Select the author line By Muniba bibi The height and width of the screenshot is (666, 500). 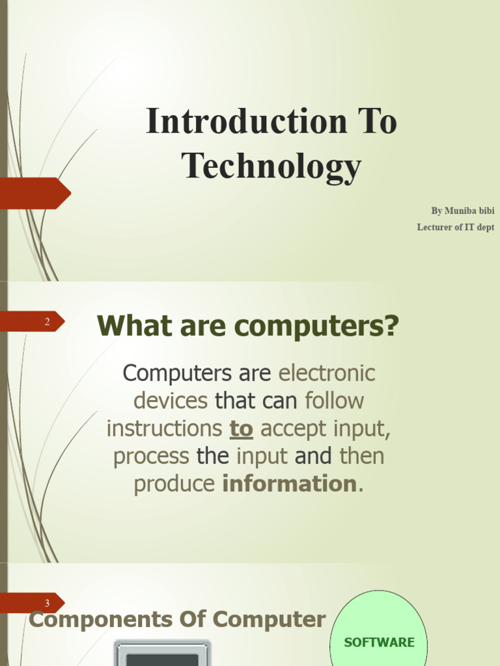(x=462, y=211)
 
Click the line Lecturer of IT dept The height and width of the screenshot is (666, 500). (x=455, y=227)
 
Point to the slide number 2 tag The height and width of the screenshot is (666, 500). (x=47, y=321)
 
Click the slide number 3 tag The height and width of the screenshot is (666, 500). (x=47, y=603)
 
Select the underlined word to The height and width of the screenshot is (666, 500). (x=241, y=429)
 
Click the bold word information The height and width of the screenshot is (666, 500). (x=290, y=484)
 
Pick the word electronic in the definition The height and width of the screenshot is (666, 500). (x=327, y=373)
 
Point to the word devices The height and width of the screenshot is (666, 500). (x=171, y=401)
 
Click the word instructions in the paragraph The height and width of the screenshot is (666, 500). (x=164, y=429)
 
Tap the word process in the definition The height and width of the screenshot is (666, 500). (x=152, y=456)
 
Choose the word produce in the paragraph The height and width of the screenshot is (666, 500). (x=174, y=484)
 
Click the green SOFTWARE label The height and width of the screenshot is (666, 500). (x=379, y=643)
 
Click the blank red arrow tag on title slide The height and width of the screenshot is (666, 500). (x=36, y=193)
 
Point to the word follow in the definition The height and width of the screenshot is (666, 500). (x=334, y=401)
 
